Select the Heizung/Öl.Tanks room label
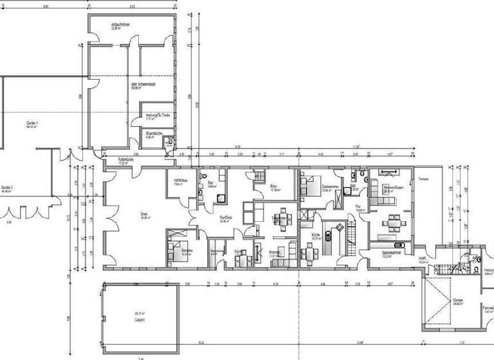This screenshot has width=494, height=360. pyautogui.click(x=157, y=116)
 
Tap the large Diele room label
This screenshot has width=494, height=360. pyautogui.click(x=145, y=215)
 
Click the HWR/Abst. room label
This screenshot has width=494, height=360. pyautogui.click(x=181, y=181)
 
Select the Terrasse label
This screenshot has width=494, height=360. pyautogui.click(x=423, y=178)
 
